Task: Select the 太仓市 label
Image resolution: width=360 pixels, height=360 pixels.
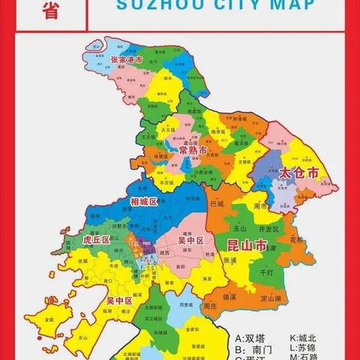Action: coord(298,172)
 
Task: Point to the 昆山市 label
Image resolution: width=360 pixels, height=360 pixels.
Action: coord(246,245)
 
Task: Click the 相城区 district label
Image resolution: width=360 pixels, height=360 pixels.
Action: coord(144,202)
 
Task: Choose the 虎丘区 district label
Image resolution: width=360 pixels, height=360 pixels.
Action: coord(97,239)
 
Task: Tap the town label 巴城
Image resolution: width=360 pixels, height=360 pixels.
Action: coord(217,203)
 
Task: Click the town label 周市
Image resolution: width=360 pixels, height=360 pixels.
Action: coord(260,206)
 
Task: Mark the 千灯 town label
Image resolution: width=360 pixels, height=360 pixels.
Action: coord(266,273)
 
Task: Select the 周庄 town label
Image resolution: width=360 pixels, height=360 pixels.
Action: coord(210,306)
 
